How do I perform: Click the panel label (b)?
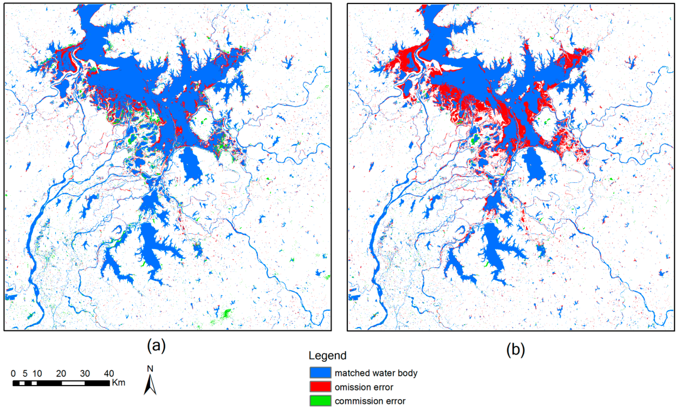515,349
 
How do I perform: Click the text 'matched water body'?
376,373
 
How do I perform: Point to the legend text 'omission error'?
364,387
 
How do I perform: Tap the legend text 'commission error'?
370,401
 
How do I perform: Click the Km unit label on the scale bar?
119,383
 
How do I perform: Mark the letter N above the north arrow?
150,369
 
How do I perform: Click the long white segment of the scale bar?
73,383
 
